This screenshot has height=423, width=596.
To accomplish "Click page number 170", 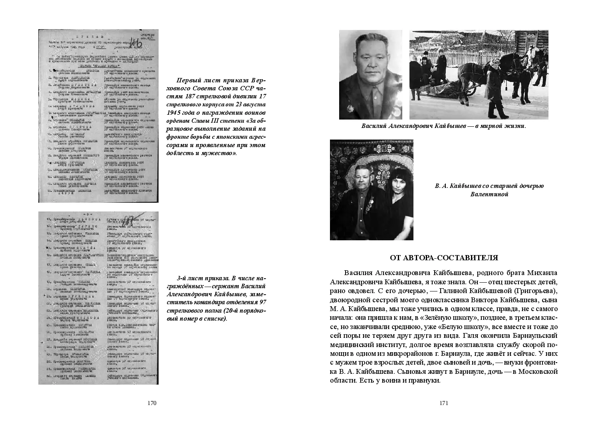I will (152, 403).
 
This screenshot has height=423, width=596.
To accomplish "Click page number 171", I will (443, 403).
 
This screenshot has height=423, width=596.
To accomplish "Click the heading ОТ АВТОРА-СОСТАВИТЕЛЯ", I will (443, 258).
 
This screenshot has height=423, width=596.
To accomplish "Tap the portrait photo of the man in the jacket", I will (370, 75).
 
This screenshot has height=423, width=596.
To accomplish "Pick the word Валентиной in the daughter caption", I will (489, 194).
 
